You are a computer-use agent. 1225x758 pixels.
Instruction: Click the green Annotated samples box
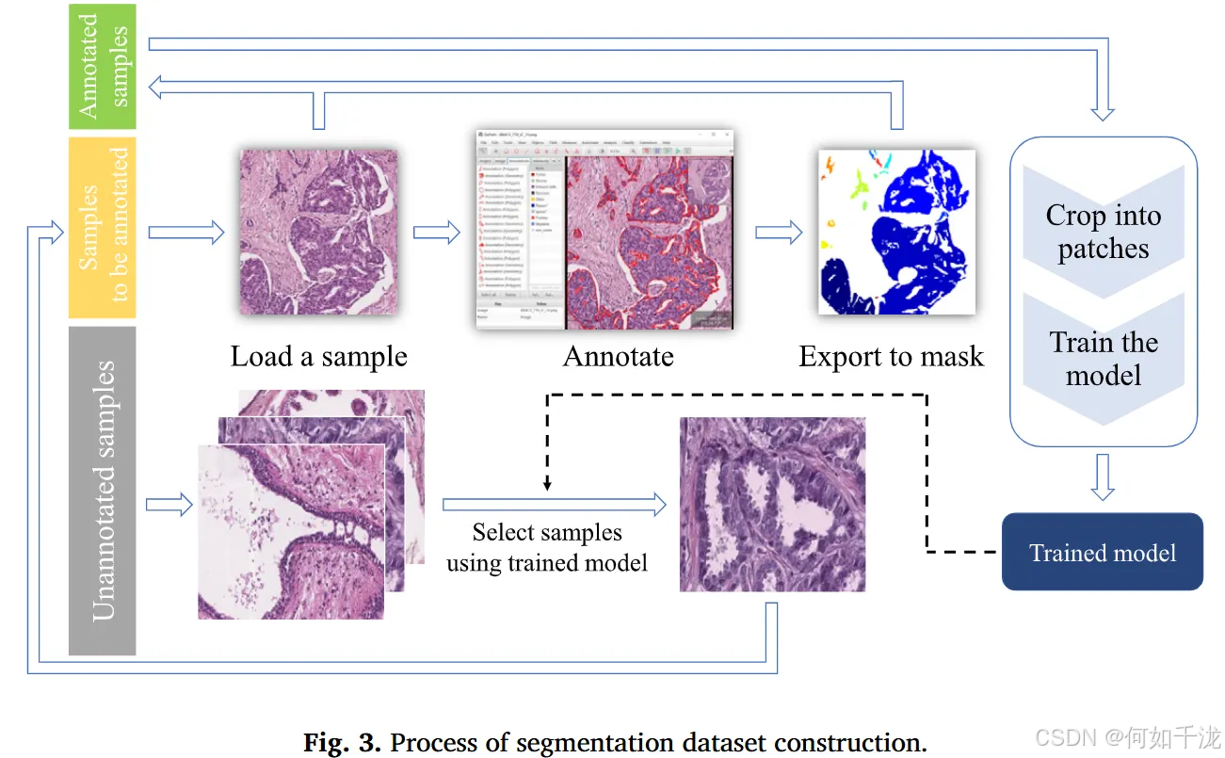point(103,66)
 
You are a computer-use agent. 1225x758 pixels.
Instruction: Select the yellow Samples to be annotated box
point(103,227)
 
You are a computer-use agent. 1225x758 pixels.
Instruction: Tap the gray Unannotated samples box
point(103,490)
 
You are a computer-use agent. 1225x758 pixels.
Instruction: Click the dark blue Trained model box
point(1102,552)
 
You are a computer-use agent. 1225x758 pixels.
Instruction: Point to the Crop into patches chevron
point(1103,232)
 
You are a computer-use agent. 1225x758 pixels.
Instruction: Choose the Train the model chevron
point(1103,359)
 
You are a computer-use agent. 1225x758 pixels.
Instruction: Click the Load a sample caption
point(318,357)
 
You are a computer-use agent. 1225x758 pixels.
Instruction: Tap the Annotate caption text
point(618,357)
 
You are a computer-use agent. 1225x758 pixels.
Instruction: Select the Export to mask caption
point(891,357)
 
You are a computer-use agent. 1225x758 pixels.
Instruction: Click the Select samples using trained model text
point(547,548)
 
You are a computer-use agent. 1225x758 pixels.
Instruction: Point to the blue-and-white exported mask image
point(896,232)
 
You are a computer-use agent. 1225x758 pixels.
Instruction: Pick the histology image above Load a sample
point(317,230)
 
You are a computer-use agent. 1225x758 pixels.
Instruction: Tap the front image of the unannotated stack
point(291,531)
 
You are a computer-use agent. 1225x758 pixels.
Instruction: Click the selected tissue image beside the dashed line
point(772,505)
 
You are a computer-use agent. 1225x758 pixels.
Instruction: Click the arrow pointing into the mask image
point(779,233)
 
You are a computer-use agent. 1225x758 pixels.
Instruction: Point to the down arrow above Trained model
point(1103,477)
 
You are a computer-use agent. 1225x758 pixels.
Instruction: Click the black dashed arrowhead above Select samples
point(548,484)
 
